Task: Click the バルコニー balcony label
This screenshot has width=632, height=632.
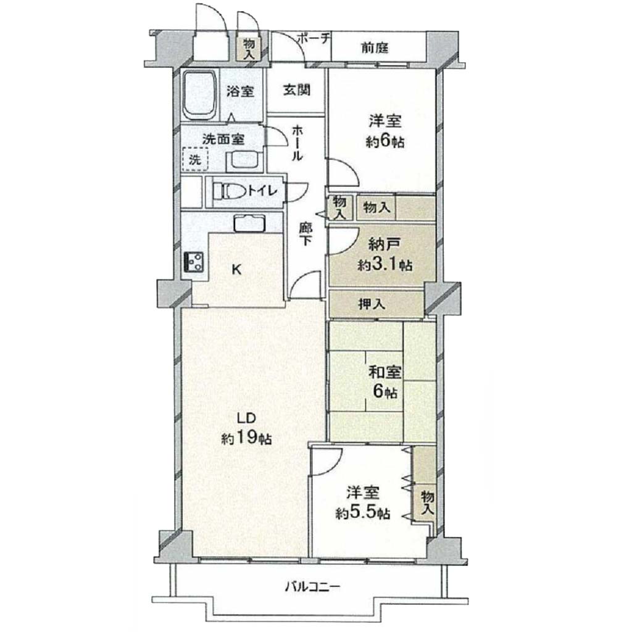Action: click(x=313, y=586)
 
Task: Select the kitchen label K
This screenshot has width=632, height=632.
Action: click(x=237, y=270)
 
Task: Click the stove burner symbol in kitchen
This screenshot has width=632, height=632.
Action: click(x=194, y=262)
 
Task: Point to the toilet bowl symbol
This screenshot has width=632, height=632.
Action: click(x=228, y=191)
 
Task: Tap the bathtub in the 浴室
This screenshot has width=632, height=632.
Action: click(x=200, y=95)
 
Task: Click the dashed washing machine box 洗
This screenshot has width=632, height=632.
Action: click(x=195, y=159)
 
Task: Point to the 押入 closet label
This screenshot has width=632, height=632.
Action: click(x=372, y=304)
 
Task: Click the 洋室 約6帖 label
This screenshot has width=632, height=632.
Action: click(x=385, y=131)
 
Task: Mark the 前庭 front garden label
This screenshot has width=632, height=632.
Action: click(x=375, y=48)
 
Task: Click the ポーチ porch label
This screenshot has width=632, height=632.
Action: click(x=314, y=39)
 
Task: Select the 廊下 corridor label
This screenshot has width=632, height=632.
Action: click(x=306, y=234)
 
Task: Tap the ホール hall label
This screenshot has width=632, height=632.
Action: click(x=297, y=143)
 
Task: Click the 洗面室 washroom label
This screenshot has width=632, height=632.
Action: click(x=223, y=139)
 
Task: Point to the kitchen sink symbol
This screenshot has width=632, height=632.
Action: click(x=249, y=223)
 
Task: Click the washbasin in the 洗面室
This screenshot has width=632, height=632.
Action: click(x=244, y=161)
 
